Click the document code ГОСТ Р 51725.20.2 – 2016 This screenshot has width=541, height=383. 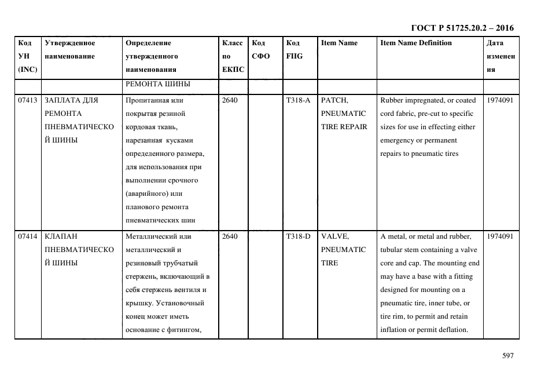(462, 28)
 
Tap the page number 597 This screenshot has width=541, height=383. (507, 356)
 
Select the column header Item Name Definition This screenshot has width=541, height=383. (416, 43)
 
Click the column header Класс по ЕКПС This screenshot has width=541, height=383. (233, 56)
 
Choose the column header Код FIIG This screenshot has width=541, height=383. (294, 49)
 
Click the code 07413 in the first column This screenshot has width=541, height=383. (27, 100)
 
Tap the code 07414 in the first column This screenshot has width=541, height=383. (27, 236)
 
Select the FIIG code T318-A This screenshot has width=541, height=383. (298, 100)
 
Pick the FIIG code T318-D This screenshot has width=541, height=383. (298, 236)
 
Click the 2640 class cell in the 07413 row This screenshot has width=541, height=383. (230, 100)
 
